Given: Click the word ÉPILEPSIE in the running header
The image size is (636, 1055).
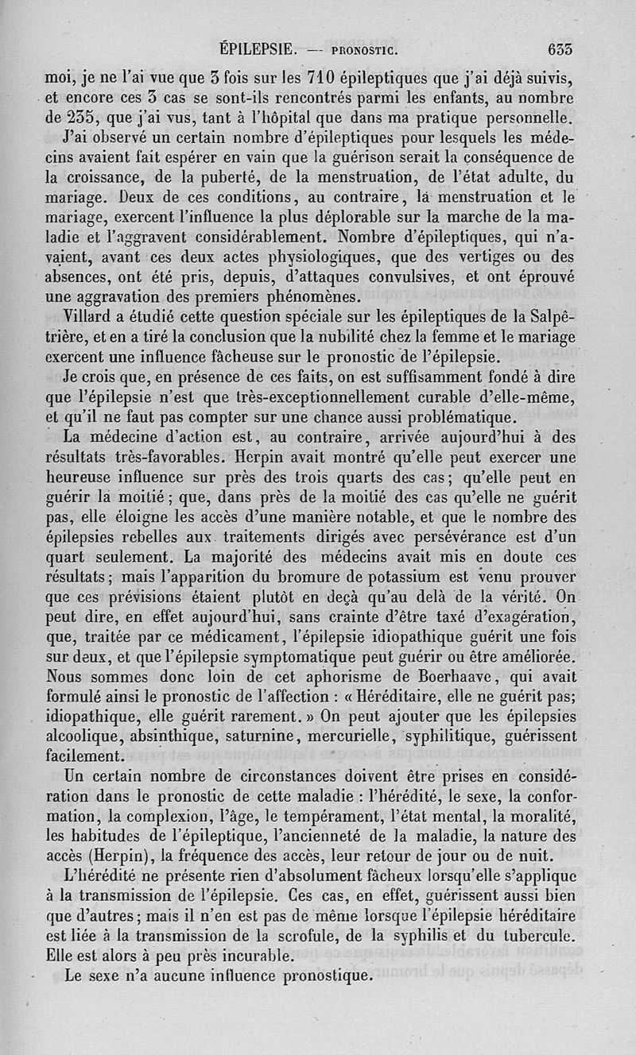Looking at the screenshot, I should tap(258, 49).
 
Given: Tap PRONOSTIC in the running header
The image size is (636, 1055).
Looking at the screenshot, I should tap(357, 50).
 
